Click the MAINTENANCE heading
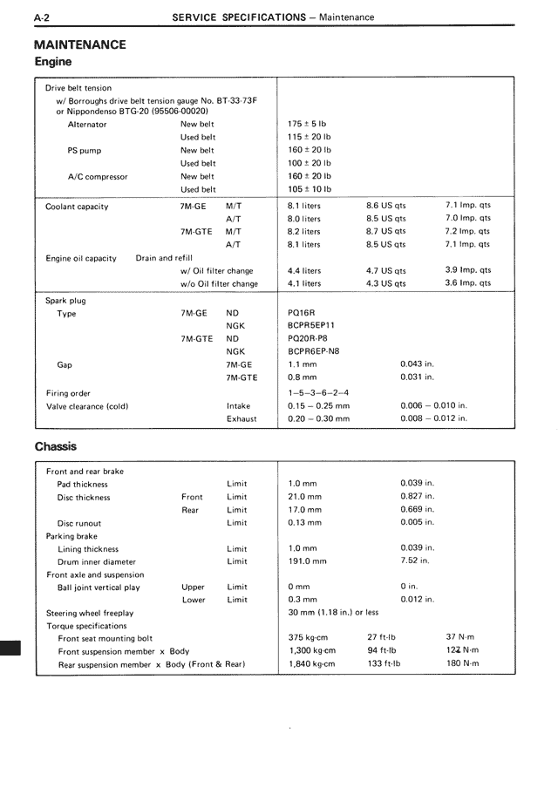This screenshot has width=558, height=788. click(79, 44)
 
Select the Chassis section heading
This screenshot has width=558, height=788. click(56, 446)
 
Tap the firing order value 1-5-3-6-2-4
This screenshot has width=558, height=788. click(317, 393)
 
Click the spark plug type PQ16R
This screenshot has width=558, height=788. click(303, 313)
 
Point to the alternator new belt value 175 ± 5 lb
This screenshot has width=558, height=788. click(309, 124)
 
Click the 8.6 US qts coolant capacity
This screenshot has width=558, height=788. click(385, 206)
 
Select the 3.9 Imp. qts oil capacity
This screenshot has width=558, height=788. click(468, 270)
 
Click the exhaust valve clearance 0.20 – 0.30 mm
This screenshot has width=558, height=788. click(318, 418)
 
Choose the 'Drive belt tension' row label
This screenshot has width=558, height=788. click(78, 88)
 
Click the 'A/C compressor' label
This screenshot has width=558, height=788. click(98, 176)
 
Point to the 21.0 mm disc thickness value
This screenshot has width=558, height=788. click(304, 497)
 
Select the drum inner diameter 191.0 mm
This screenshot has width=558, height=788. click(307, 561)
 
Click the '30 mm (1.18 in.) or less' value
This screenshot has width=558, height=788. click(333, 613)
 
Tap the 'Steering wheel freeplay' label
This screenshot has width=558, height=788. click(90, 613)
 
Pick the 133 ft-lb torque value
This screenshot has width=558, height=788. click(384, 663)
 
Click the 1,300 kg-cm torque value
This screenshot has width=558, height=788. click(311, 650)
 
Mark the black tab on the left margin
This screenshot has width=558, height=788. click(10, 650)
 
